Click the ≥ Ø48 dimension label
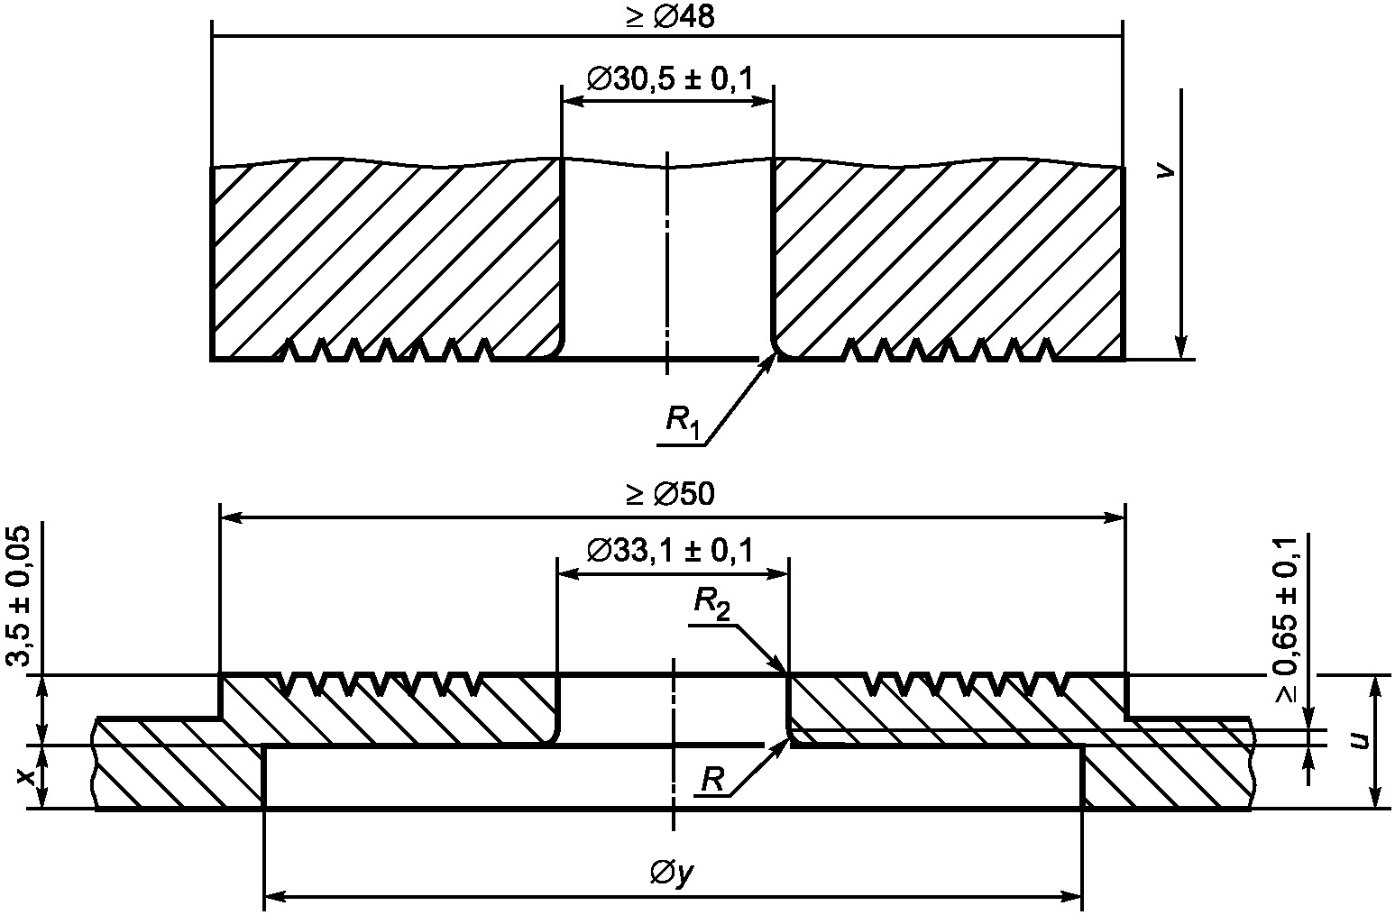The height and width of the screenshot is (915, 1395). (x=671, y=17)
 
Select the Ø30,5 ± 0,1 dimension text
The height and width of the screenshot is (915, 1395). (x=670, y=79)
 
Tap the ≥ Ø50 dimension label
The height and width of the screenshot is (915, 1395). (x=671, y=494)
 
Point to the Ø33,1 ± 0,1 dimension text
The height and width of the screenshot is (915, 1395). (x=670, y=550)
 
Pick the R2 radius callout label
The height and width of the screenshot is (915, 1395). (x=712, y=604)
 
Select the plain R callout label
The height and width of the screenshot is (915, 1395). (x=712, y=779)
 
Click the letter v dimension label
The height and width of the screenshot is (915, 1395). (x=1164, y=172)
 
